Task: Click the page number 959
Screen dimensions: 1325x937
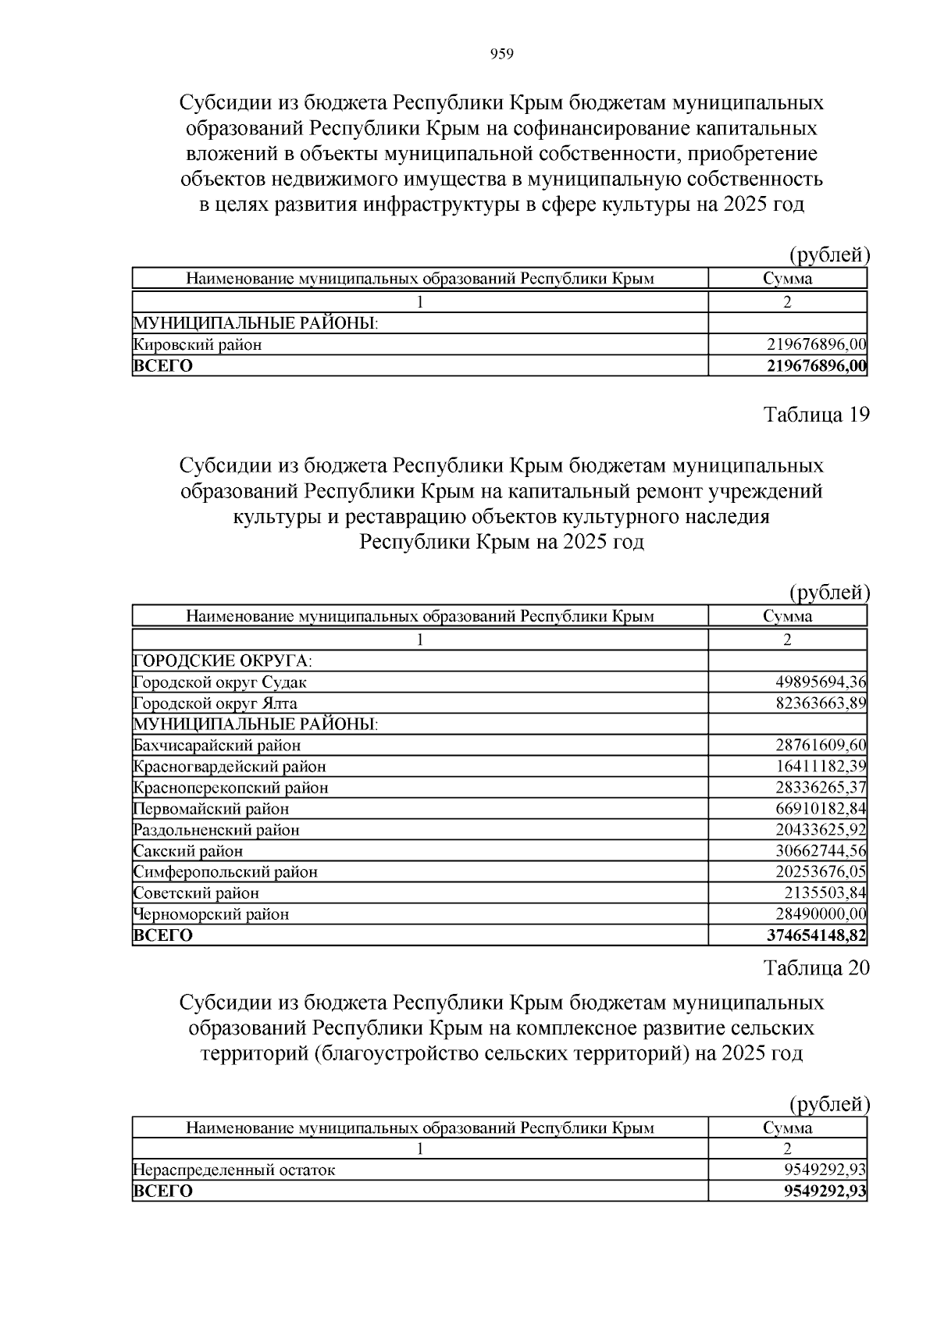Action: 501,54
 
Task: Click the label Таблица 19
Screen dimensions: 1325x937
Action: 816,415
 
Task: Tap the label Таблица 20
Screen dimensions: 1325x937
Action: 816,968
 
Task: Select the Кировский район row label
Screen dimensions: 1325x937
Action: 198,344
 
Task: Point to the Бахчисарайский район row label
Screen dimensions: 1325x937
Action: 217,746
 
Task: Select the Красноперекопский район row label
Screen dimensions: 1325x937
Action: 230,788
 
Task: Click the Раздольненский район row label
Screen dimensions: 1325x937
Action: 216,830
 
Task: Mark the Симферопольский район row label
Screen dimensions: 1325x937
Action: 226,872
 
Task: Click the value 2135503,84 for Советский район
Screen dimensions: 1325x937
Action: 825,893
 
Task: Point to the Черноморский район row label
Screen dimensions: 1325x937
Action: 211,914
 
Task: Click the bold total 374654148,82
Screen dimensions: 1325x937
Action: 817,935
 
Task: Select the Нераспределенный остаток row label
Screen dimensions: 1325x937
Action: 234,1170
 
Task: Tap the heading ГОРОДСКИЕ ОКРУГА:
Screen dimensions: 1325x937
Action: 223,661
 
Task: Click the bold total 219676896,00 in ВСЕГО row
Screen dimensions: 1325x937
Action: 817,366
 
